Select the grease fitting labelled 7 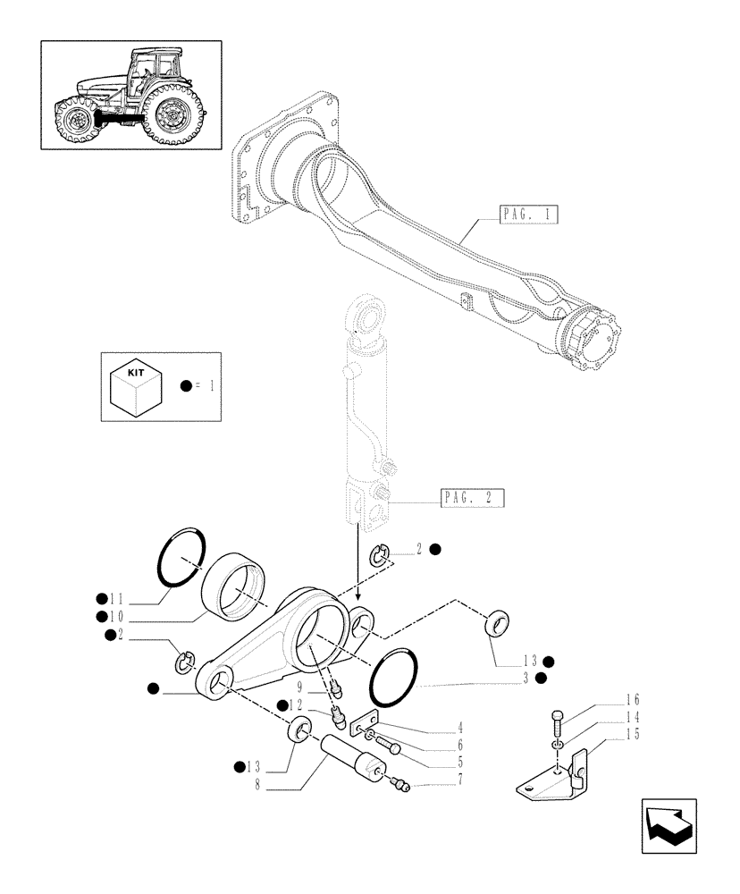(400, 784)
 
